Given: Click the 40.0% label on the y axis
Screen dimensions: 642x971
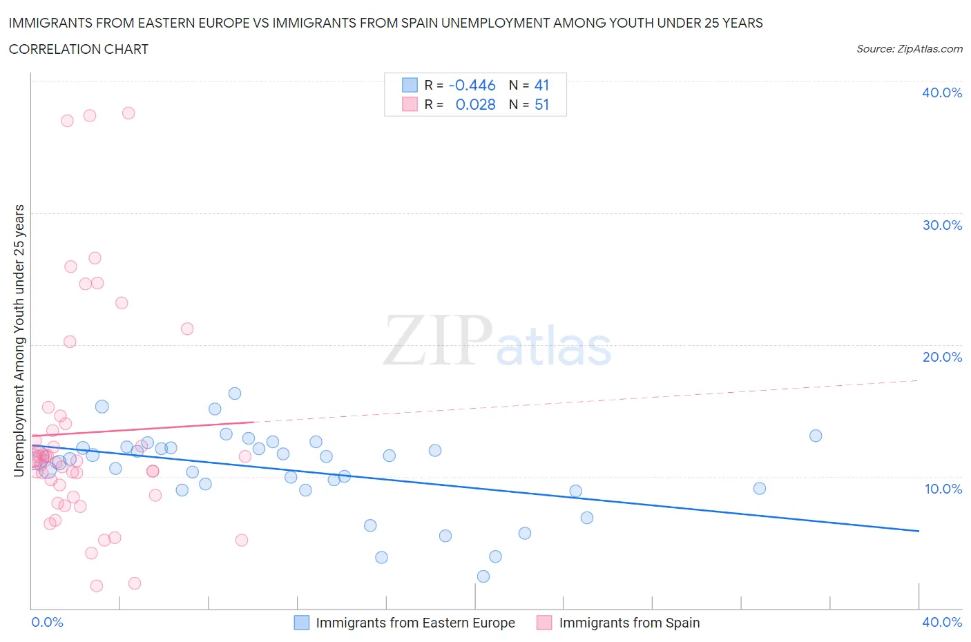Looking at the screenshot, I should point(941,93).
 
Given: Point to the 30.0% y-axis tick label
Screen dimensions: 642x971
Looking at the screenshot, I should point(941,225).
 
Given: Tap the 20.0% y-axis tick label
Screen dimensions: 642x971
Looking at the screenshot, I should point(941,357).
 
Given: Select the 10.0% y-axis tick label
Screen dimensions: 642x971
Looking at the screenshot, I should point(943,489).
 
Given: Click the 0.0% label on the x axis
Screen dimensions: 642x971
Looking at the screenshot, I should point(47,622).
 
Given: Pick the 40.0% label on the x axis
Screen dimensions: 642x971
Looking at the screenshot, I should point(941,622).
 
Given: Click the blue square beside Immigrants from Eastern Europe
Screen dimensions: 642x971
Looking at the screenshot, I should point(302,623).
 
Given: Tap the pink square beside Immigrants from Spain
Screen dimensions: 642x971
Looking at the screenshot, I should point(544,623).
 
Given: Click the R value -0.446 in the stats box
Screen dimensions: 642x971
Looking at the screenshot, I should point(472,85).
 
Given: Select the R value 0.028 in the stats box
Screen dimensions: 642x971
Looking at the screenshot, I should point(475,104).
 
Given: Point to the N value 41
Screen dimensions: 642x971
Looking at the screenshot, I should point(541,85).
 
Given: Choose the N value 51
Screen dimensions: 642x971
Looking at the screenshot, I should point(541,104).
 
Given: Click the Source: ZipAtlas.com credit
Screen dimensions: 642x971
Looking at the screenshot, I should point(909,49).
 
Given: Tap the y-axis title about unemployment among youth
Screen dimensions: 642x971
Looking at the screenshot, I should point(19,340).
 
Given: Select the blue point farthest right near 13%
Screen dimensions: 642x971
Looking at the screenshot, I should point(816,436).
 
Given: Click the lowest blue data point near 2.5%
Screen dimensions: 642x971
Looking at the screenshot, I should point(483,576).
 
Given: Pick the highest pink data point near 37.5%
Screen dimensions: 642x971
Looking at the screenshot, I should point(128,113).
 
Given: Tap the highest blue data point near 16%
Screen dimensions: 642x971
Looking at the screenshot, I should point(235,393).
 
